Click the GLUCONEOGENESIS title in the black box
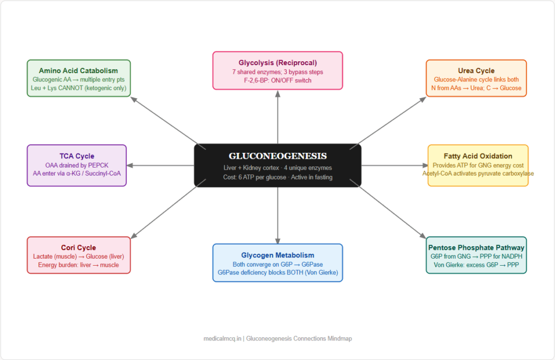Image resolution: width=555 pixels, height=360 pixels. pos(277,156)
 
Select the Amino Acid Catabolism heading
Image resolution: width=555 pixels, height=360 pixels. pos(79,70)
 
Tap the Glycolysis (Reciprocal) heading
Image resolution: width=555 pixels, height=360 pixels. pos(277,62)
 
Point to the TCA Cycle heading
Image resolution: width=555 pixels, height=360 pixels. pos(76,156)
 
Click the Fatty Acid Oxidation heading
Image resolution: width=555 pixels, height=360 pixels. pos(477,156)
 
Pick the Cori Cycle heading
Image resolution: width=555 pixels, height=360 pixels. pos(79,248)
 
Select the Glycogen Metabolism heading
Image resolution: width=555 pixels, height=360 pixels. pos(277,255)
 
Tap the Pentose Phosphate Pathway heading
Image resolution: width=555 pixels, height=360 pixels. pos(476,248)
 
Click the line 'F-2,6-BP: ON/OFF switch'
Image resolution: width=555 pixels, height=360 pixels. pos(277,80)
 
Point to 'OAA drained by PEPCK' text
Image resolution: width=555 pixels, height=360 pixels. pos(76,165)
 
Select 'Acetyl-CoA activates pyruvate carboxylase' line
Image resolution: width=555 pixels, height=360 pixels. pos(477,173)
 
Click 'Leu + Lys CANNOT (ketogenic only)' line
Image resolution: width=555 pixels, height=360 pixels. pos(79,88)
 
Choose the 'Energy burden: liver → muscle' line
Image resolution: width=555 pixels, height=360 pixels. pos(79,265)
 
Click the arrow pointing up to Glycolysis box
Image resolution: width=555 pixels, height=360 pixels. pos(277,117)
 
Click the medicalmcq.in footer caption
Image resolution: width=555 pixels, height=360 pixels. pos(277,338)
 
